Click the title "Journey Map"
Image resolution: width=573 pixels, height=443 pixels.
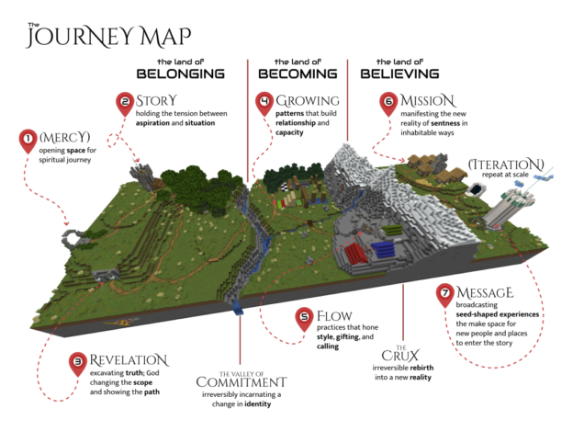108,36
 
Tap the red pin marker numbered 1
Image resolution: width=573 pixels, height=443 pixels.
28,141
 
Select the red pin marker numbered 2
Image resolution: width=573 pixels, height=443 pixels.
125,103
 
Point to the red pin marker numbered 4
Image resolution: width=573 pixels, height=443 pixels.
264,103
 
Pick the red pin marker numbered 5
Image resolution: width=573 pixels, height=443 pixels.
305,319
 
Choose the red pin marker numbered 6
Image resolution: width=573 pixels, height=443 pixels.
388,103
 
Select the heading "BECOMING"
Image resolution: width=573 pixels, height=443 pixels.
297,73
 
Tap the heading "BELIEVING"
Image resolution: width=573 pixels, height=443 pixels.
399,73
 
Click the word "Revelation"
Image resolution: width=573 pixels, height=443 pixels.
129,359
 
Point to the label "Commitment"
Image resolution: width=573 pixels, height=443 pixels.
241,381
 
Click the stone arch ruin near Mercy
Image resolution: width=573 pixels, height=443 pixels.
70,238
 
